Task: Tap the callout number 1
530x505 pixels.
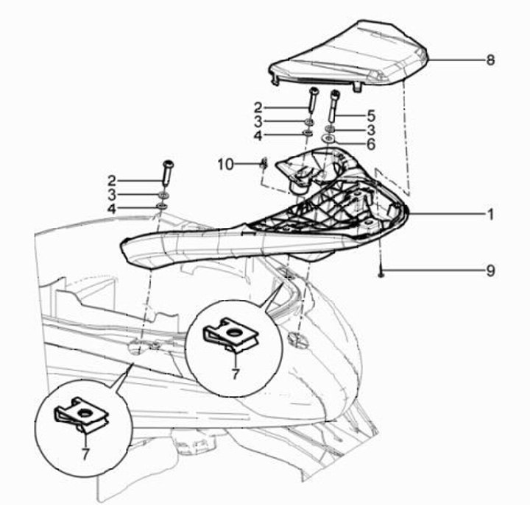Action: pyautogui.click(x=490, y=215)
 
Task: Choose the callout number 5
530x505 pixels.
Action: pyautogui.click(x=371, y=115)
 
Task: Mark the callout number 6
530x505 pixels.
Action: pyautogui.click(x=371, y=144)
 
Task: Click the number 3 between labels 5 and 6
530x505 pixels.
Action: pyautogui.click(x=371, y=129)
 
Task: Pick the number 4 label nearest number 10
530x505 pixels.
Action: pyautogui.click(x=258, y=135)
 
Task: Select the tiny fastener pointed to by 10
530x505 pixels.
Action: pyautogui.click(x=263, y=164)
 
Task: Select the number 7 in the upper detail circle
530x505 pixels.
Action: pyautogui.click(x=236, y=373)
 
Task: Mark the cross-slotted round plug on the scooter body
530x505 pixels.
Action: pyautogui.click(x=298, y=339)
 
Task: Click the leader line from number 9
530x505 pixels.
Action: pyautogui.click(x=434, y=271)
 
